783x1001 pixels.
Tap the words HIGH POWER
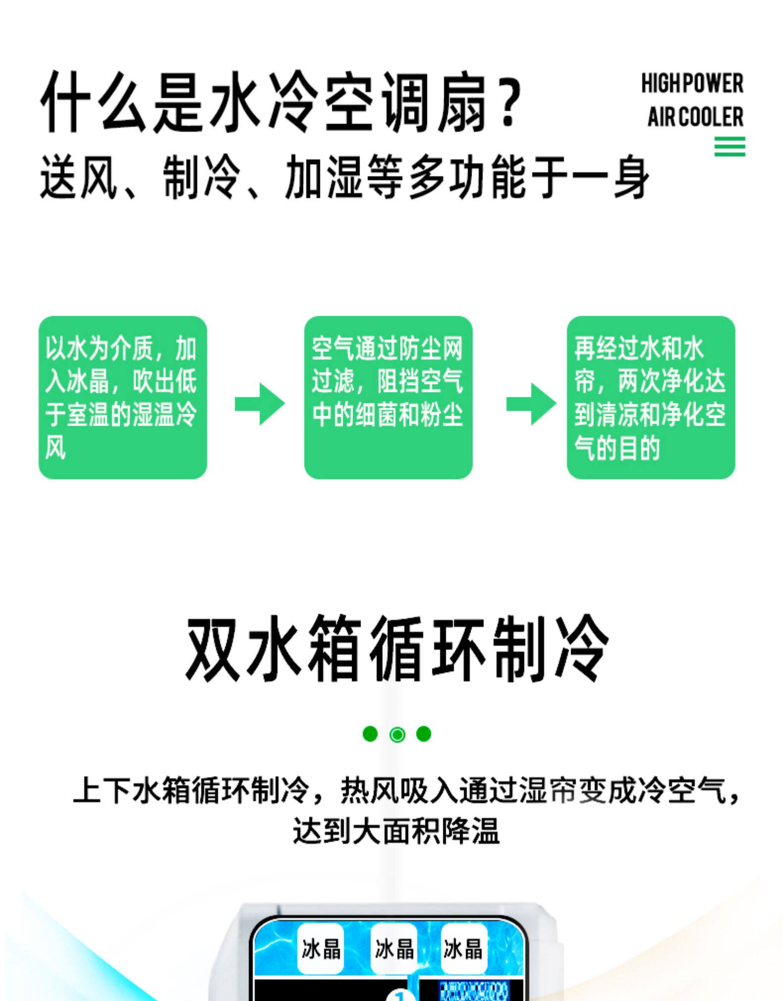[x=692, y=84]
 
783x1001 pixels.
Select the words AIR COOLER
[x=695, y=117]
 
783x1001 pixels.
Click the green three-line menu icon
[x=729, y=147]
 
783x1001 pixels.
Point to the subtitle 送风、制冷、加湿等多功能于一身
[x=344, y=177]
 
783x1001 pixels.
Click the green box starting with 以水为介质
[x=122, y=397]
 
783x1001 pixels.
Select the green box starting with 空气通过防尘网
[x=388, y=397]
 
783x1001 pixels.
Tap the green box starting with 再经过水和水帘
[x=650, y=397]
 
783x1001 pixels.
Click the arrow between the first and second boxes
[x=260, y=404]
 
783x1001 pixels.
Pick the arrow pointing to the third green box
[x=531, y=404]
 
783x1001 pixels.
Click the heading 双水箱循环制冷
[x=396, y=649]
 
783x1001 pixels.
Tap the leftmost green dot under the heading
[x=370, y=734]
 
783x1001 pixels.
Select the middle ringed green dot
[x=397, y=735]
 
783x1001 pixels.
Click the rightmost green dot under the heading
[x=423, y=734]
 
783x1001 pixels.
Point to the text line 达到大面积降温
[x=396, y=831]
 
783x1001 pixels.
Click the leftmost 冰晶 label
[x=321, y=949]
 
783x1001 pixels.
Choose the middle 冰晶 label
[x=394, y=949]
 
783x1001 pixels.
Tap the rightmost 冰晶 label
[x=463, y=949]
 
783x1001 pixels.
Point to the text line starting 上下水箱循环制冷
[x=406, y=790]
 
